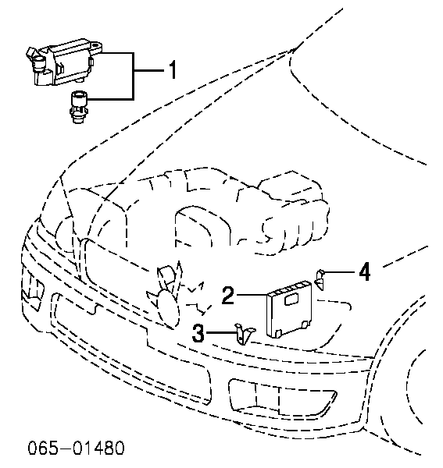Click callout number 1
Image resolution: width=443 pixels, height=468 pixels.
pos(172,69)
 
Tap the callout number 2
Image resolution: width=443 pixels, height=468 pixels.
pos(228,295)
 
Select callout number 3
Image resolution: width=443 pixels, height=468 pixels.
pos(198,333)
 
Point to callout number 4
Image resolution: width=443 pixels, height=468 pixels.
pos(364,271)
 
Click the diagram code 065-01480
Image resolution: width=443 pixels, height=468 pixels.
pos(76,448)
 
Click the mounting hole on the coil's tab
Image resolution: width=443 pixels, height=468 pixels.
pos(95,46)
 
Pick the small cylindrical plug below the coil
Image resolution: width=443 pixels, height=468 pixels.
pos(78,107)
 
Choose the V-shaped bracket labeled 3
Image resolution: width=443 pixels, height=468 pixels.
pos(245,334)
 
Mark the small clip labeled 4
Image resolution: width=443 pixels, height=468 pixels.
pos(320,279)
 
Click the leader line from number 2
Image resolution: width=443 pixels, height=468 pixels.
pos(252,295)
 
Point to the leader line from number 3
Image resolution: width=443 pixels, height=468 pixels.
pos(221,332)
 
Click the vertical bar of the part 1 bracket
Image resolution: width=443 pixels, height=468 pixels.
pos(133,76)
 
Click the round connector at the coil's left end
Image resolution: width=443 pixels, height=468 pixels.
pos(38,63)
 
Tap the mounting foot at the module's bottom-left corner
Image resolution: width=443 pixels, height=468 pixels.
pos(278,334)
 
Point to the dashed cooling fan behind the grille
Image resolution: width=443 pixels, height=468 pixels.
pos(166,296)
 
